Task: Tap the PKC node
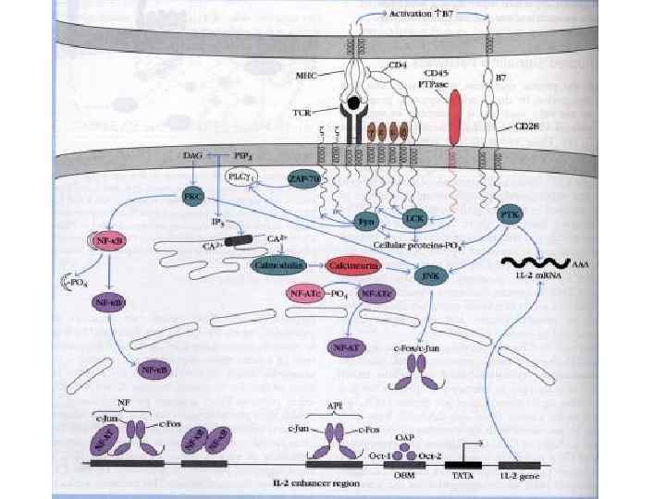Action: pyautogui.click(x=192, y=197)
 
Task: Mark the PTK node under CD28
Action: pyautogui.click(x=508, y=214)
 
